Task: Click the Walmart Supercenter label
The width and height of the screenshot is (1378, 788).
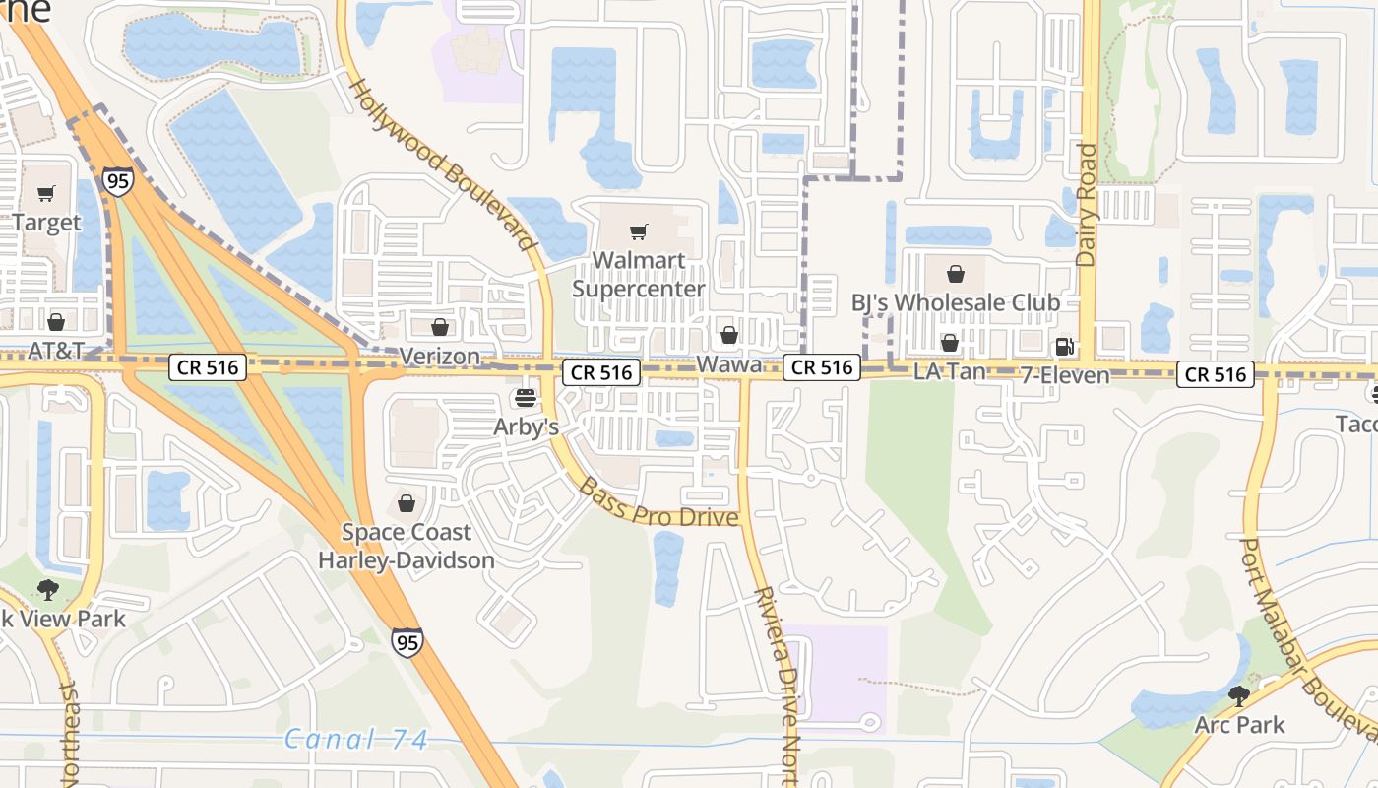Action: [639, 275]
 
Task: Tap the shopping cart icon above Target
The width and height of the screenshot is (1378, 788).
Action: [46, 193]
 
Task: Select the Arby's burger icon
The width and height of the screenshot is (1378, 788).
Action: [526, 398]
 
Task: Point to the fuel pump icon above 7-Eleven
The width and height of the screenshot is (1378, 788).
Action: [1064, 346]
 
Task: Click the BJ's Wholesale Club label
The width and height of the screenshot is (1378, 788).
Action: [956, 302]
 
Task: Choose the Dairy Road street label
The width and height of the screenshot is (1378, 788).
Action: [1087, 205]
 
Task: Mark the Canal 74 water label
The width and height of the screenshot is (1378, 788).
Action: [356, 739]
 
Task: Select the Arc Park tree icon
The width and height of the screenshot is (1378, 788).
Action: [1239, 696]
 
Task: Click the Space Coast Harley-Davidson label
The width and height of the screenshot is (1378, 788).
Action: [406, 547]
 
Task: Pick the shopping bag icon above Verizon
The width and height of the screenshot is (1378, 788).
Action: [440, 327]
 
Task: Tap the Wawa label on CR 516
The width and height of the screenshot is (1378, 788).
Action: [729, 364]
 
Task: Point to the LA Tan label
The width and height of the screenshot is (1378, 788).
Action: [949, 372]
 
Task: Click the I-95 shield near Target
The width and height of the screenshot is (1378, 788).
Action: [117, 181]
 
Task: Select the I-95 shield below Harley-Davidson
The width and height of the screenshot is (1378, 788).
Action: [407, 641]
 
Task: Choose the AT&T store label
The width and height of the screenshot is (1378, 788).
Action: [56, 350]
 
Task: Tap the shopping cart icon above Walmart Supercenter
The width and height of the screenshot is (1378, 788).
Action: [639, 232]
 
